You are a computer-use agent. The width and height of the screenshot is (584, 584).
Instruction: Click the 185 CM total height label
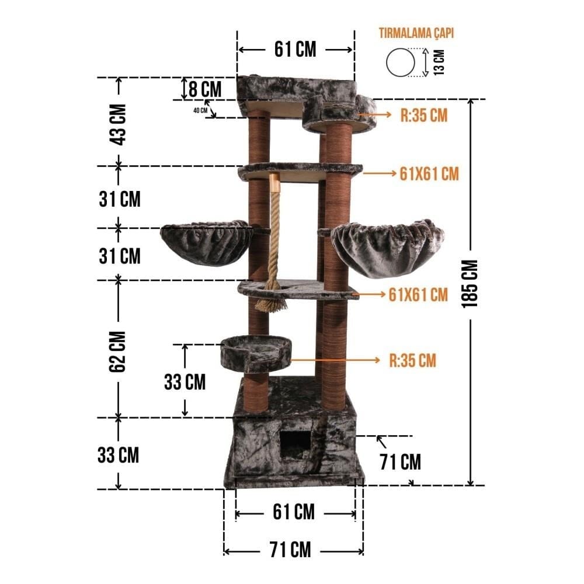click(470, 284)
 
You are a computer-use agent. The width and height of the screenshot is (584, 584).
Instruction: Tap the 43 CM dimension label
click(118, 124)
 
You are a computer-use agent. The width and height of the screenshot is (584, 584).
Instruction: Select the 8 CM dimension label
click(205, 89)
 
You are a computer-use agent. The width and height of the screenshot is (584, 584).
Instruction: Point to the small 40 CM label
click(200, 110)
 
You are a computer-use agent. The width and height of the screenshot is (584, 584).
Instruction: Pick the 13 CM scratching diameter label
click(440, 62)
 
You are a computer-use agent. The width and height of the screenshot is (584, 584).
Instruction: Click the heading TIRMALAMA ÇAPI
click(416, 33)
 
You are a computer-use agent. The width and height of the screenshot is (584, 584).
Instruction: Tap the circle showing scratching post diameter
click(401, 62)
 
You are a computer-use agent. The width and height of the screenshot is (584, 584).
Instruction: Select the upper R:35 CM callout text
click(424, 115)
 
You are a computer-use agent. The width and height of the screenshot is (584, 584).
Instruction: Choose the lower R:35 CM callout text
click(413, 360)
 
